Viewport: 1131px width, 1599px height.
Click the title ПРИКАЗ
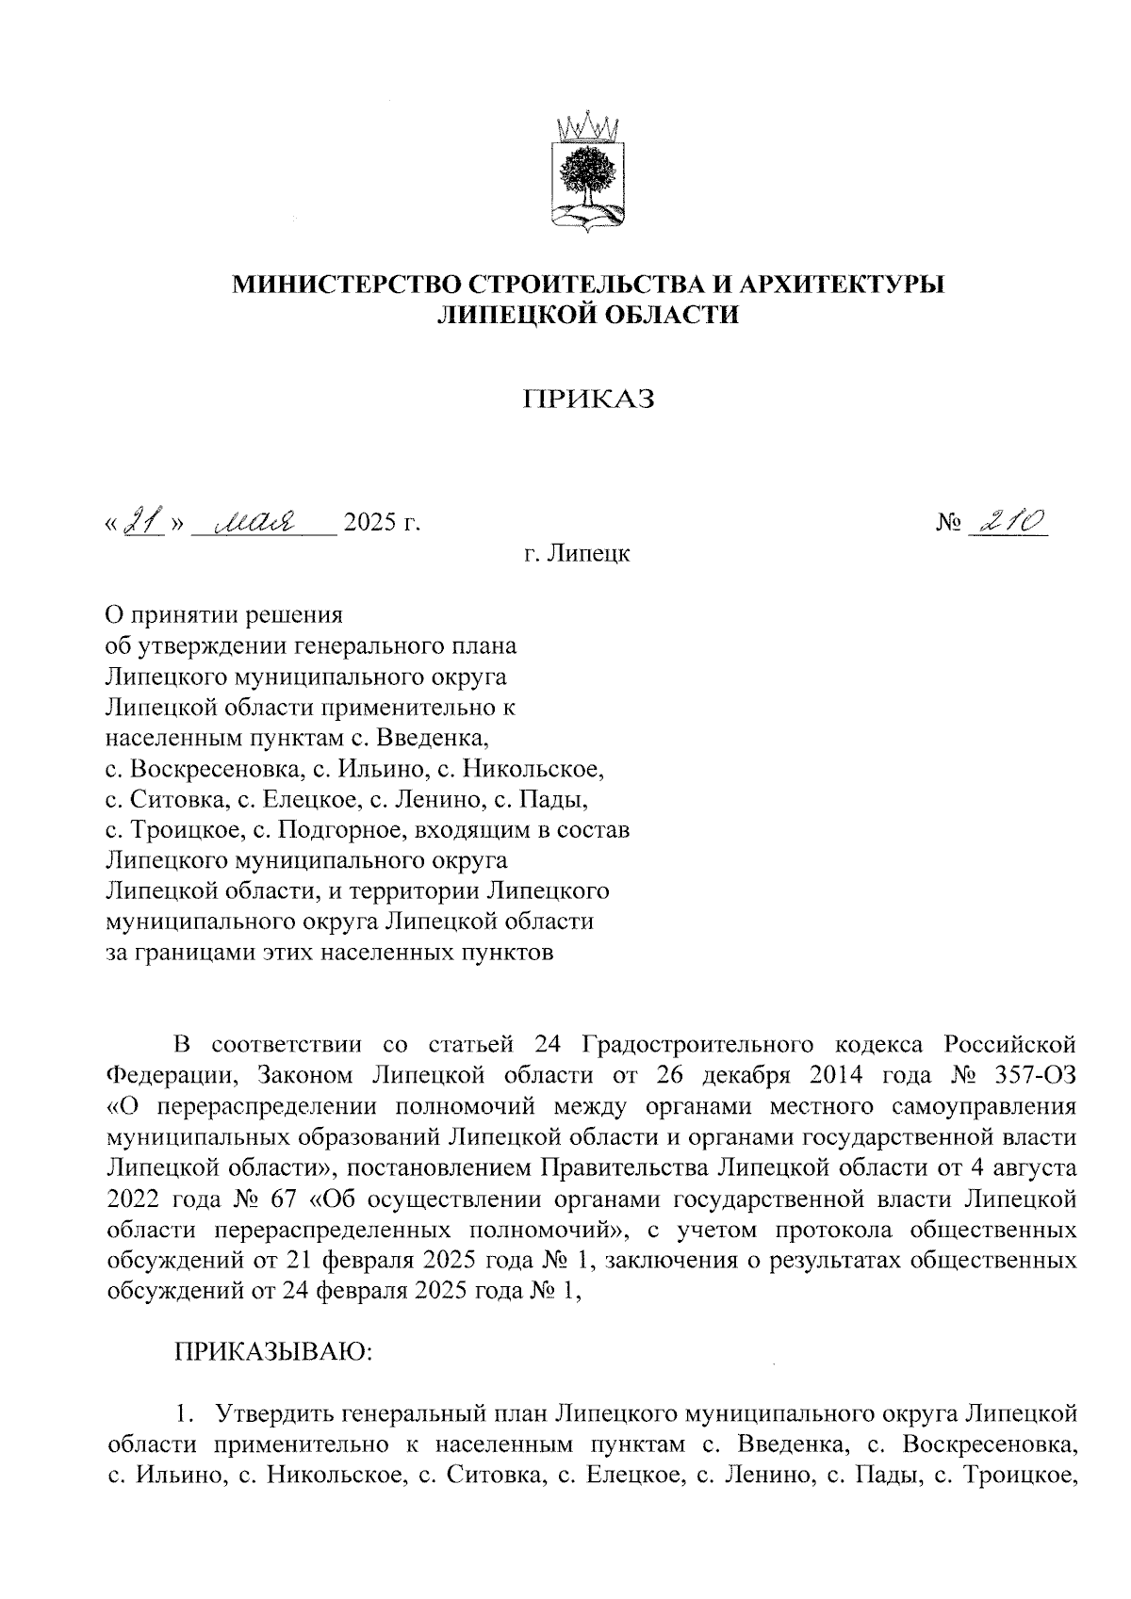pyautogui.click(x=589, y=400)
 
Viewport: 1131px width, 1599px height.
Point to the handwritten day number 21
pyautogui.click(x=143, y=521)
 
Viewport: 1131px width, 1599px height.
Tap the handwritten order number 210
pyautogui.click(x=1011, y=521)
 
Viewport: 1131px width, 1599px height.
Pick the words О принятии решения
pyautogui.click(x=222, y=616)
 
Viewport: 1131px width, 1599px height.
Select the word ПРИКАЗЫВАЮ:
pyautogui.click(x=273, y=1355)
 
